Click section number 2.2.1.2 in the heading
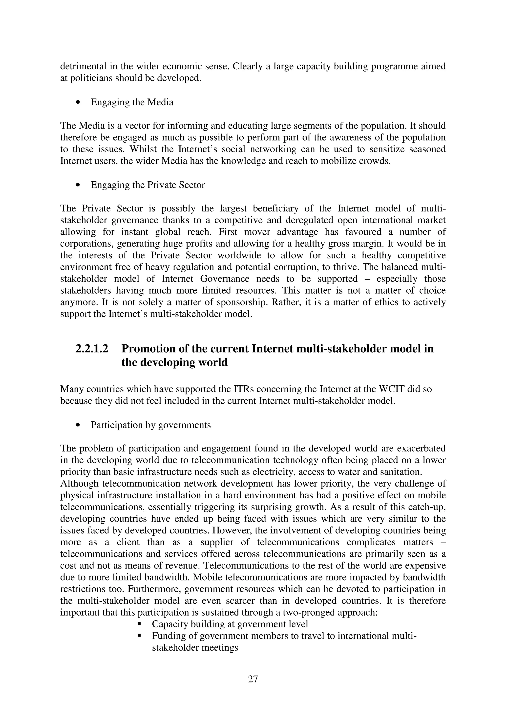click(x=92, y=349)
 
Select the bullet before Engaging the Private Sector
click(x=78, y=185)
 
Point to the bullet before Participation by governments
click(x=78, y=425)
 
